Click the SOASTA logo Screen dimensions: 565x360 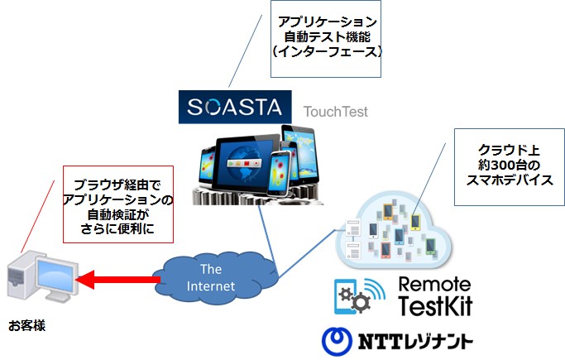[235, 107]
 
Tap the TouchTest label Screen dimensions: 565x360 [336, 112]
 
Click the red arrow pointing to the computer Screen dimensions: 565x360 [118, 279]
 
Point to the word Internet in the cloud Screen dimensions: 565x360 [211, 286]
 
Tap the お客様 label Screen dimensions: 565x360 [27, 325]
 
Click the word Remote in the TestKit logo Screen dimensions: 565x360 [434, 285]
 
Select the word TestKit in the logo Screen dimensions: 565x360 [435, 305]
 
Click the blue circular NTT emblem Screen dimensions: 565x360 [337, 341]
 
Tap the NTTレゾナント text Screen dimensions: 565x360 [415, 341]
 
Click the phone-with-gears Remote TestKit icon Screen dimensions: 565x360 [359, 296]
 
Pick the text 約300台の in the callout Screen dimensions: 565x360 [509, 165]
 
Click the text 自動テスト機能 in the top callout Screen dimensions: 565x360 [328, 36]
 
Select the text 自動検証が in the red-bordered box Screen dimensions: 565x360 [117, 214]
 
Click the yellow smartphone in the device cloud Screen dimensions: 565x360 [416, 222]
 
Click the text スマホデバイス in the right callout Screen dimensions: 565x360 [509, 180]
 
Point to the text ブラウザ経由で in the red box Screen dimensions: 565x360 [117, 185]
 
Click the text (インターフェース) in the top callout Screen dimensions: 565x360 [328, 51]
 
